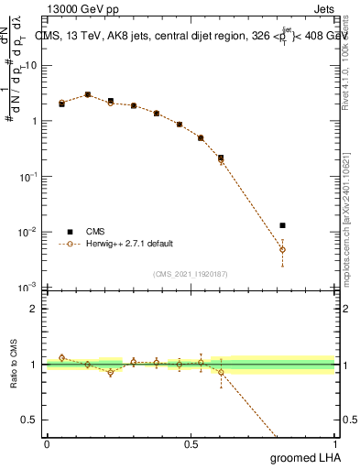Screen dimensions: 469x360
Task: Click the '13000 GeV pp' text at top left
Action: pos(82,10)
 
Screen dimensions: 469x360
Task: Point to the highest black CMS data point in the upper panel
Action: pos(88,94)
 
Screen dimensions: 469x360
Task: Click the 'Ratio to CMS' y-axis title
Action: pos(13,365)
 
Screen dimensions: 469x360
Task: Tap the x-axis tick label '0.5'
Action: pos(191,443)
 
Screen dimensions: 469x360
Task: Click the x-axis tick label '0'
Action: pos(47,443)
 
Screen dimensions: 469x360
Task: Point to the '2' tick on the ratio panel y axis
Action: pos(34,309)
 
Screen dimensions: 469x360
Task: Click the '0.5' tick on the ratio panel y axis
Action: pos(30,420)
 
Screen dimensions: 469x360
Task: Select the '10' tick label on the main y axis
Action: pos(30,65)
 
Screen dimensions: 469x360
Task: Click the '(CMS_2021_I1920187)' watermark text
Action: pos(191,274)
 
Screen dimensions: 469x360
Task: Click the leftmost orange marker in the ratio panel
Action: pos(61,358)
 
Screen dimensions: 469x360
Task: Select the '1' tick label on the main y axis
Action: pos(34,121)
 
